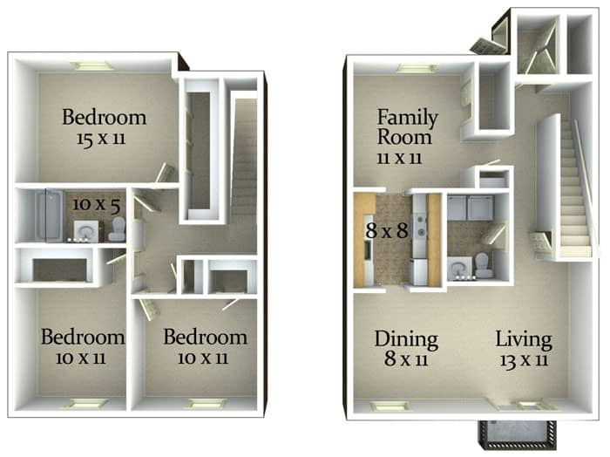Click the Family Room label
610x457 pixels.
(x=406, y=126)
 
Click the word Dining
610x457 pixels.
(x=406, y=339)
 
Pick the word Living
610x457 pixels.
(x=524, y=339)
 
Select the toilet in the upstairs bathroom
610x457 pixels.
(x=117, y=230)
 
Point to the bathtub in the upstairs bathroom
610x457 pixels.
(x=46, y=215)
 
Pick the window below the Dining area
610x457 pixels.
(x=384, y=406)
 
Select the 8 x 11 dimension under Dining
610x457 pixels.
(x=406, y=359)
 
